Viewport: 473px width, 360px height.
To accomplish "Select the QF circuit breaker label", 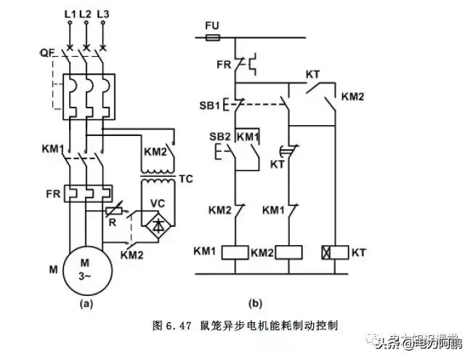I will [47, 53].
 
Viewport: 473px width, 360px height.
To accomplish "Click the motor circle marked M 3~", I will [87, 268].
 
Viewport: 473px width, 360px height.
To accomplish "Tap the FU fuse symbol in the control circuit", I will [213, 33].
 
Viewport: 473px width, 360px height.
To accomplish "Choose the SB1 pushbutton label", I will [210, 105].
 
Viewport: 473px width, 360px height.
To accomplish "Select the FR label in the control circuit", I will [225, 64].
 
